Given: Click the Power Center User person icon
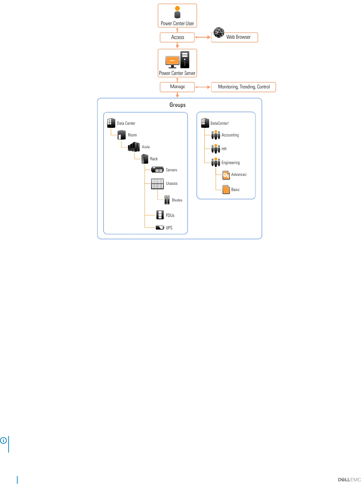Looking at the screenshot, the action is [x=177, y=12].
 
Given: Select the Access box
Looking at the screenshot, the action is [x=177, y=37].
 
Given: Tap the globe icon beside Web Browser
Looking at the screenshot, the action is [x=218, y=32].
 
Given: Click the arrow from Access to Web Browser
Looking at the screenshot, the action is [x=203, y=37].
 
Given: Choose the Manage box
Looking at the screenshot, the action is [x=177, y=87].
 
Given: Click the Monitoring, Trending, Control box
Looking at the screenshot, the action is [x=243, y=87].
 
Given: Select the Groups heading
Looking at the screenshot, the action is [x=177, y=105].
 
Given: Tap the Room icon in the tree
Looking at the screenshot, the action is [x=121, y=135].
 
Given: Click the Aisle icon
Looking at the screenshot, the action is [x=134, y=146].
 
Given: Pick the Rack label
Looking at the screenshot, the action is [x=154, y=159].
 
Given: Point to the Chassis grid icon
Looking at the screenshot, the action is [x=157, y=184].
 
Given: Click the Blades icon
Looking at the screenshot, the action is [x=167, y=200].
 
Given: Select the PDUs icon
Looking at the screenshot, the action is [x=160, y=215].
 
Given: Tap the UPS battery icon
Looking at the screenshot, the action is [x=160, y=227].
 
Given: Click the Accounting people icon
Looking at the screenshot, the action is [x=215, y=135].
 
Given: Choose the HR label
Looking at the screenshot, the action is [x=224, y=149].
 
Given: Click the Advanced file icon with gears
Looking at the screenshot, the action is [x=226, y=175].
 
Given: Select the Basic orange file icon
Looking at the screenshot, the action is [x=226, y=189].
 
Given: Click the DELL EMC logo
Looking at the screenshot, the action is [x=349, y=480].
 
